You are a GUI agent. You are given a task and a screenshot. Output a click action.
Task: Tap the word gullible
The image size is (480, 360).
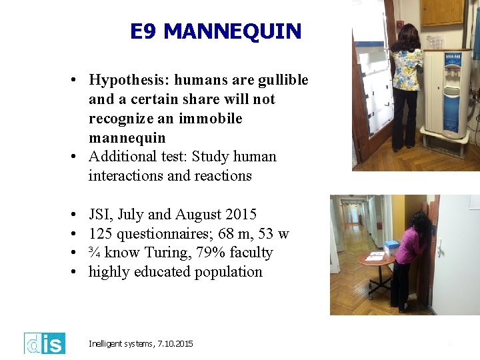(x=281, y=80)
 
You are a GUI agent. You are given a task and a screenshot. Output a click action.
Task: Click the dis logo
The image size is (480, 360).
(x=45, y=343)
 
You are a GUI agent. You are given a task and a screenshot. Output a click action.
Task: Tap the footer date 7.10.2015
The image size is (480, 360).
(x=175, y=344)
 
